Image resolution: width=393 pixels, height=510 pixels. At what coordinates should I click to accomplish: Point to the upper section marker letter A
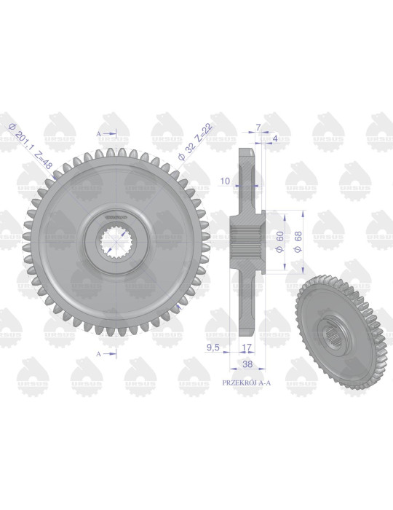click(98, 133)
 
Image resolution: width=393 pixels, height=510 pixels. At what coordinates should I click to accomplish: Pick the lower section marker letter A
click(98, 353)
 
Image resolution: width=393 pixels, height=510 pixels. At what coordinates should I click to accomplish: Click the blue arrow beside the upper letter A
click(110, 133)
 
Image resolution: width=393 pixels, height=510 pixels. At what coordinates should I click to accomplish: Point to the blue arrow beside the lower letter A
click(110, 353)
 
